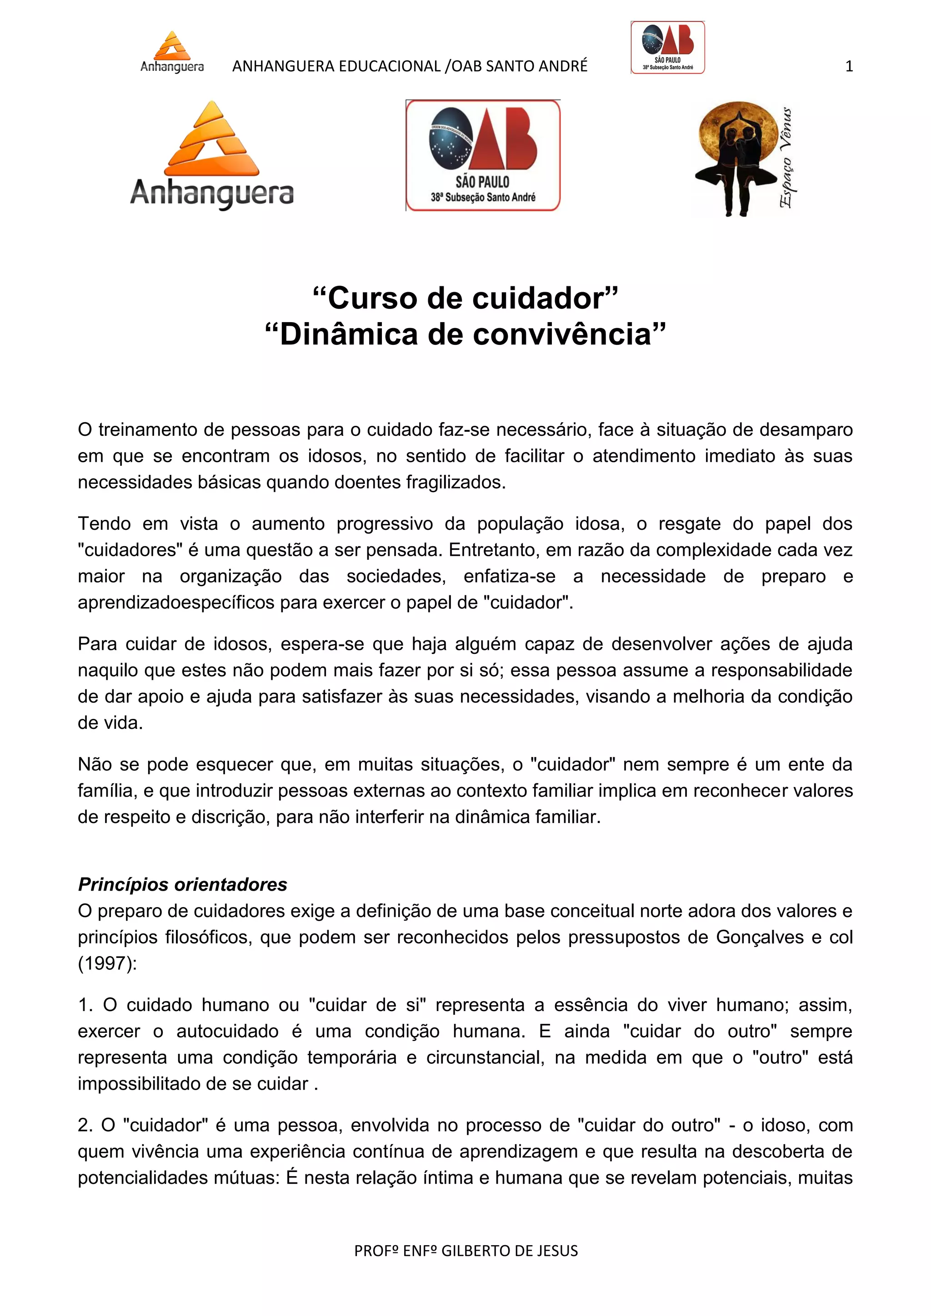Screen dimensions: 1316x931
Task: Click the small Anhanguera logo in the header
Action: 172,52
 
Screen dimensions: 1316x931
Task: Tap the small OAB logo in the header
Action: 667,48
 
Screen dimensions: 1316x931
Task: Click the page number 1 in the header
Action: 849,66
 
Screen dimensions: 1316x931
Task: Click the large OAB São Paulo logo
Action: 483,155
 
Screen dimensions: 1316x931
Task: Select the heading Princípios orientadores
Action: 182,884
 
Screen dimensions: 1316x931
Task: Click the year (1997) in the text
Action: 107,963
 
